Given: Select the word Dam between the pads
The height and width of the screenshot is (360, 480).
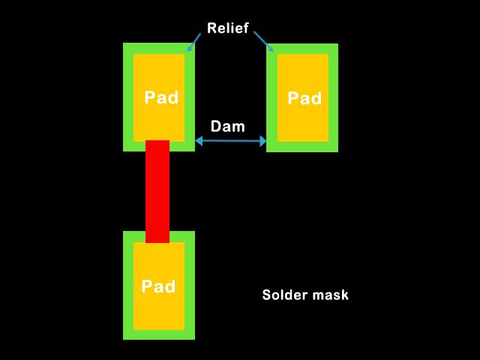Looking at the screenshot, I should (227, 127).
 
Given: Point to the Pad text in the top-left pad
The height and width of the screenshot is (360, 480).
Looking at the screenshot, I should (161, 98).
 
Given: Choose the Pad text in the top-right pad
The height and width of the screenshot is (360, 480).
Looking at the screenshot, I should (304, 98).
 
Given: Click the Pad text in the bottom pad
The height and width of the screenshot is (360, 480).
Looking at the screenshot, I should (159, 286).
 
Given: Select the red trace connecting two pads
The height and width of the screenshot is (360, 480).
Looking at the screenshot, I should (157, 191).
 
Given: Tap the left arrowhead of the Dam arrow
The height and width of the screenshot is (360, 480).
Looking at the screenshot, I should (199, 140).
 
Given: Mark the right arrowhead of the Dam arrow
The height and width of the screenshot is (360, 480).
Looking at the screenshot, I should (262, 140).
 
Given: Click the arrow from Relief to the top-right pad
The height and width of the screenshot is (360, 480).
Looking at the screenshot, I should (263, 41).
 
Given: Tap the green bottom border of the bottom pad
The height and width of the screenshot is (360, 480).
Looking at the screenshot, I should (159, 334).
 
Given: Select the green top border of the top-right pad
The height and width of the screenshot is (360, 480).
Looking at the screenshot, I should (302, 48).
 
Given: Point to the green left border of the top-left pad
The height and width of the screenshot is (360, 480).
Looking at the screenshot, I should (128, 97).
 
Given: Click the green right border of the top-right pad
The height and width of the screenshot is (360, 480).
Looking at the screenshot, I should (333, 97).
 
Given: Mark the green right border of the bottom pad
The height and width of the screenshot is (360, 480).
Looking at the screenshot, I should (189, 285).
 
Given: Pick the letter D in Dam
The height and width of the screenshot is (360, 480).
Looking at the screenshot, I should (216, 127).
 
